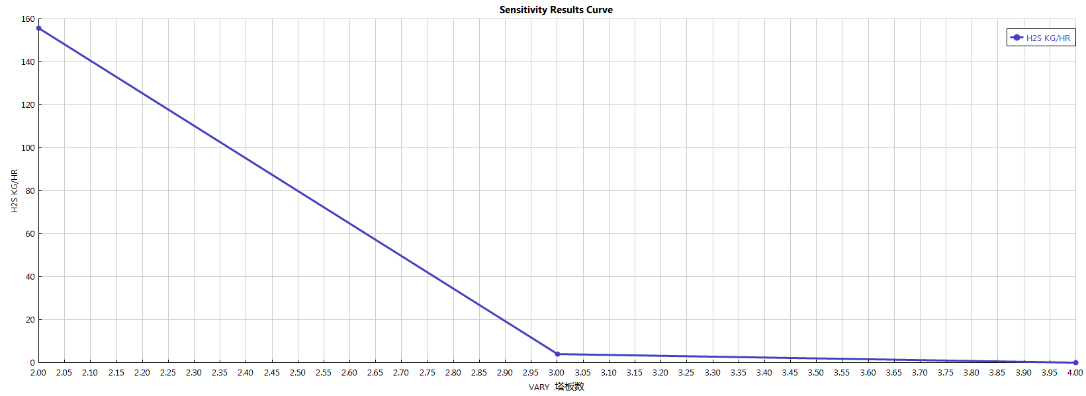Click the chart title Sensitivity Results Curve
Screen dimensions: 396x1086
pos(556,10)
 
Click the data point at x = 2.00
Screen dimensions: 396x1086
pos(38,28)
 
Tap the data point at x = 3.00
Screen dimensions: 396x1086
pos(557,354)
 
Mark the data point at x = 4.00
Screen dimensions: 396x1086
pos(1075,362)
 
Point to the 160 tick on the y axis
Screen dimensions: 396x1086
pos(28,19)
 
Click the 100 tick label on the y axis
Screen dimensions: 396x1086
pos(28,148)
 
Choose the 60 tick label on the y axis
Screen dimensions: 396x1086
pos(30,234)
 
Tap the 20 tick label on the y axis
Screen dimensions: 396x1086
pos(30,320)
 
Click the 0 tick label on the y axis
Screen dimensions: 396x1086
pos(32,363)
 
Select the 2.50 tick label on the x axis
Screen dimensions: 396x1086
pos(298,373)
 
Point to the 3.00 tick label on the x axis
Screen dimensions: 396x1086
pos(557,373)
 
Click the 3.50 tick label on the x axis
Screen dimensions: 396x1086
pos(816,373)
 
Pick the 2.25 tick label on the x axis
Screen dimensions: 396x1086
pos(168,373)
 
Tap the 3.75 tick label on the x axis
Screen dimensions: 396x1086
pos(946,373)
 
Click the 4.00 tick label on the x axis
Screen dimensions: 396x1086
pos(1075,373)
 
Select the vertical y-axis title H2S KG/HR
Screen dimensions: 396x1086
pos(15,191)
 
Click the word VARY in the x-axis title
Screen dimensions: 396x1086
pos(539,387)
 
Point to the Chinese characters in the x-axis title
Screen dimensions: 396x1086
pos(569,387)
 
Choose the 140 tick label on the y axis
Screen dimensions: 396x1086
pos(28,62)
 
